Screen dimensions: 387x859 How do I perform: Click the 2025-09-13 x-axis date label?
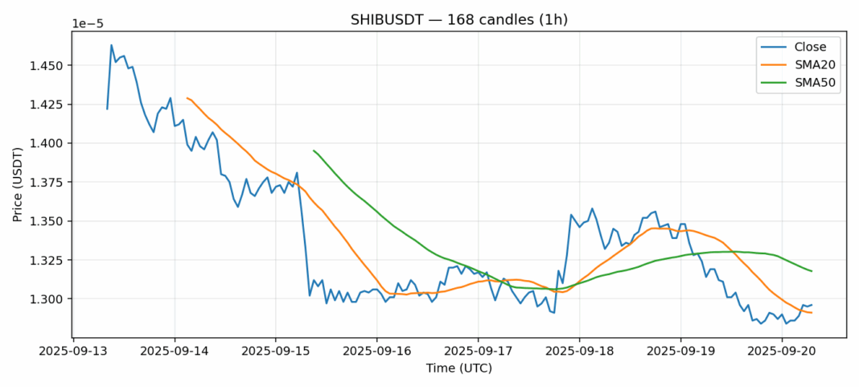tap(73, 351)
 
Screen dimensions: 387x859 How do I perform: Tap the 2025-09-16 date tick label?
tap(377, 351)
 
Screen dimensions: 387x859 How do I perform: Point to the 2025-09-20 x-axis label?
tap(783, 351)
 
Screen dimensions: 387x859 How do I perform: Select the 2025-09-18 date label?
tap(580, 351)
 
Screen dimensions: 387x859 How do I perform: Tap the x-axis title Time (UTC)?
tap(459, 368)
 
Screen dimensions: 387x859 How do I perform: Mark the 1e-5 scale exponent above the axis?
tap(88, 23)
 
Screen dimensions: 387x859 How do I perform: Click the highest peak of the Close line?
tap(112, 45)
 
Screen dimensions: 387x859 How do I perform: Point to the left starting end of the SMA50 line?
tap(314, 150)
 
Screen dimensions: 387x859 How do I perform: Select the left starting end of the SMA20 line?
tap(187, 98)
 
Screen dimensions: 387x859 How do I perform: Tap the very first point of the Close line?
tap(107, 109)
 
